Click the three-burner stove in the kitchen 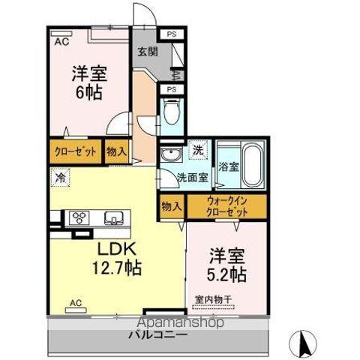coord(79,218)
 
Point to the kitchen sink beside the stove coord(113,218)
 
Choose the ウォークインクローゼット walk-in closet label coord(227,206)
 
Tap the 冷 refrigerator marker coord(59,178)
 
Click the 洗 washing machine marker coord(199,149)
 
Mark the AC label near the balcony coord(75,303)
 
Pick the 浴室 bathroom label coord(228,166)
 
